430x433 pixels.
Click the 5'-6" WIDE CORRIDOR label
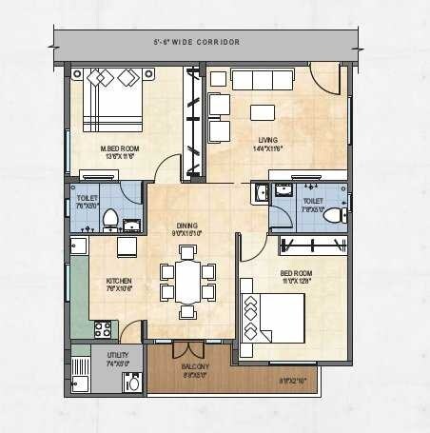[x=196, y=43]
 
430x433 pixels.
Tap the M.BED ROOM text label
[x=121, y=148]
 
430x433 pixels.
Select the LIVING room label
[x=265, y=140]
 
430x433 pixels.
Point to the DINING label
[x=186, y=226]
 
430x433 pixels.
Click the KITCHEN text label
[x=119, y=282]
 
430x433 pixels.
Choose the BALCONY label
[x=197, y=365]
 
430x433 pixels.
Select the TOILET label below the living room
[x=313, y=201]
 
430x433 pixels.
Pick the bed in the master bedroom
[x=109, y=100]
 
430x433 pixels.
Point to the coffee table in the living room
[x=261, y=111]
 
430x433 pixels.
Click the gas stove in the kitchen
[x=102, y=329]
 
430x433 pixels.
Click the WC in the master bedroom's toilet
[x=110, y=219]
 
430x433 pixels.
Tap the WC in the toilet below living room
[x=332, y=216]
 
